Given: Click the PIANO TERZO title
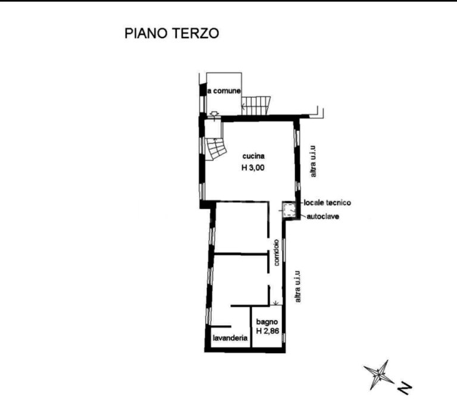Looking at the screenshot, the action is [x=171, y=33].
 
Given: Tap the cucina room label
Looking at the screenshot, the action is [x=253, y=156].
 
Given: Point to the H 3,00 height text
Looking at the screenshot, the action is [x=253, y=168].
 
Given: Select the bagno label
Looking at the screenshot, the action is [x=267, y=322].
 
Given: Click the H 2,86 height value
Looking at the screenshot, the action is [x=268, y=331].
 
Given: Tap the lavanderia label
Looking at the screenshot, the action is [x=230, y=338].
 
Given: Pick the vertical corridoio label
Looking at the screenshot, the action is [x=277, y=253].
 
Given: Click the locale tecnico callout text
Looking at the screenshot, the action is [x=327, y=203].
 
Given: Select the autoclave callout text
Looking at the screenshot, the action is [x=323, y=216].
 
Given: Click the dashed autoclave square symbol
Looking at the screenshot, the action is [x=290, y=210].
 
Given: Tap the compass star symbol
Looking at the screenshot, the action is [x=378, y=374].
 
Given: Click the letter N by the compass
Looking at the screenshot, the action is [x=405, y=388].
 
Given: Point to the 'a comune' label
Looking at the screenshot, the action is [x=224, y=91].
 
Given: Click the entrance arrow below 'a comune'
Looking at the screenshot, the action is [x=214, y=115].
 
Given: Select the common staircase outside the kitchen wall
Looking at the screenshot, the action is [x=256, y=106].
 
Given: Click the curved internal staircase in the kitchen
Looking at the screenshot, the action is [x=216, y=149].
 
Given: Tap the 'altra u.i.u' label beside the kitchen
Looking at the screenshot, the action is [x=313, y=161].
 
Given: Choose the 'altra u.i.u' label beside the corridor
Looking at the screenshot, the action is [x=298, y=286].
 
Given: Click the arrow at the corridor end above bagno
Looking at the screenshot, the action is [x=276, y=303].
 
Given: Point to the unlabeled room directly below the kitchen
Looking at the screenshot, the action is [x=241, y=228].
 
